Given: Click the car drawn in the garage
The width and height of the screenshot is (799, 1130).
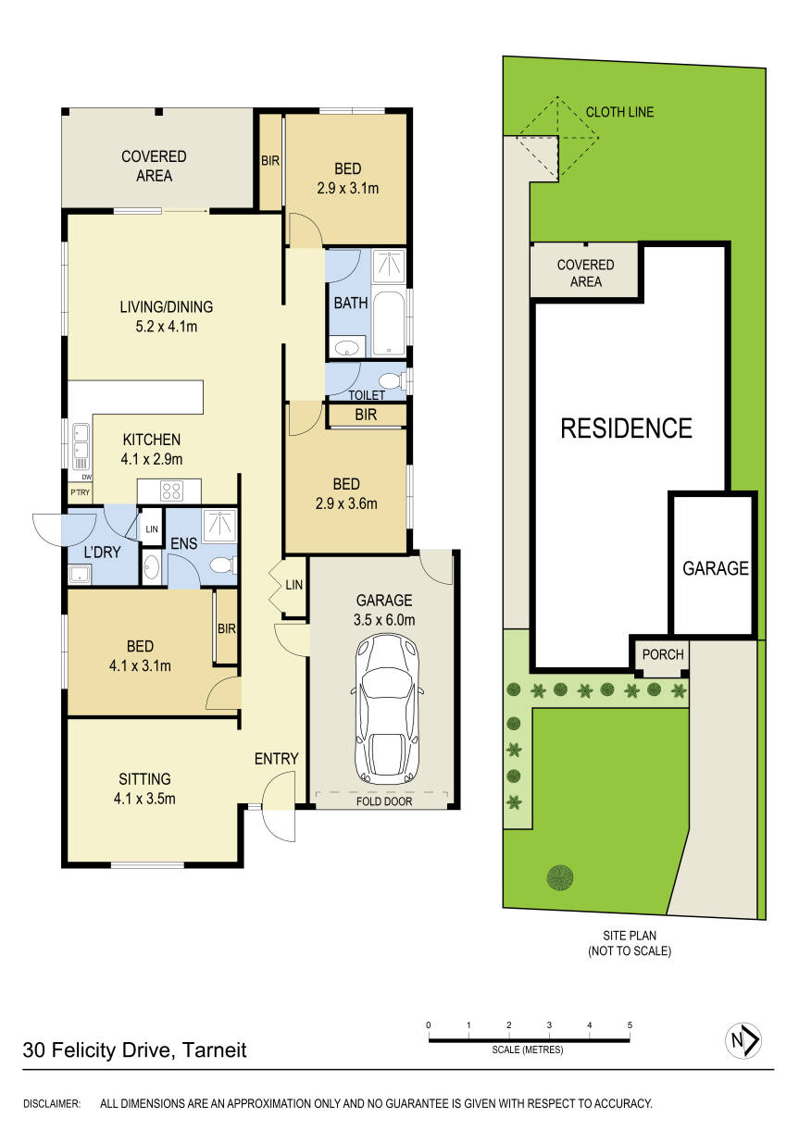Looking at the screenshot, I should (x=386, y=709).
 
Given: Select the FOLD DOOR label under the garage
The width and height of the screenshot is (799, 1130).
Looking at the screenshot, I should (x=383, y=801).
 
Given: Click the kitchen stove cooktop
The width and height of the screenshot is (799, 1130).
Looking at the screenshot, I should (x=172, y=490).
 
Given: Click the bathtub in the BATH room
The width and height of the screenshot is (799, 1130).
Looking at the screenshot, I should (x=391, y=317).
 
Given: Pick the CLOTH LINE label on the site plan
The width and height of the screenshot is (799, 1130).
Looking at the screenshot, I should (x=619, y=112).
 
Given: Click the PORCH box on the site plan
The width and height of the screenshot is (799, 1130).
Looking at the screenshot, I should (x=663, y=654).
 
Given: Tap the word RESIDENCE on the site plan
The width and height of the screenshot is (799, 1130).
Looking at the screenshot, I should (x=626, y=428).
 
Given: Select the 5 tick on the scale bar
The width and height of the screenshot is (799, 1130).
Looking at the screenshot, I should (x=630, y=1025).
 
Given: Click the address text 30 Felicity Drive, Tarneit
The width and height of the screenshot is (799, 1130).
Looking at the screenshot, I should (x=135, y=1050).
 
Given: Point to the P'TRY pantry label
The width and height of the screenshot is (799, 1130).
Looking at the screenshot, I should (x=80, y=494).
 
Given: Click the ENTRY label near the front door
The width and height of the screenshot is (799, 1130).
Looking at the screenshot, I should (x=276, y=759).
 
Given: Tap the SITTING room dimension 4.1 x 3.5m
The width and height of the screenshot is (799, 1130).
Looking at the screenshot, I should (x=144, y=798).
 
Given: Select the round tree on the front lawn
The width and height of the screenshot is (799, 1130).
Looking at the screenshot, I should (x=559, y=875).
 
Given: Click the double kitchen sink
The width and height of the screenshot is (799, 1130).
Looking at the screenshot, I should (x=81, y=443).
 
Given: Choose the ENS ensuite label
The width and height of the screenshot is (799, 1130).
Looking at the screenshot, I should (x=183, y=543).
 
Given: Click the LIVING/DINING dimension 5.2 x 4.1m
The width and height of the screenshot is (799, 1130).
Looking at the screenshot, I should (x=166, y=326).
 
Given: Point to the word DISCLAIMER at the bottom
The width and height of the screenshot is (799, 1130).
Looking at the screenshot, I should (x=52, y=1103).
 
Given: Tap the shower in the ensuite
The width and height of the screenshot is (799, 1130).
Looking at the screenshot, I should (x=218, y=526).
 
